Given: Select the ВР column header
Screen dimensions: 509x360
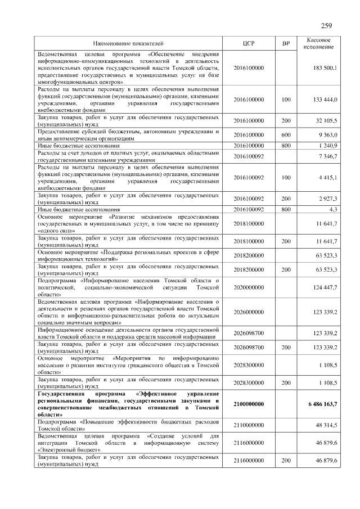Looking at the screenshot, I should tap(286, 43).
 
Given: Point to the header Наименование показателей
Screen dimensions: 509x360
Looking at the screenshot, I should tap(128, 43).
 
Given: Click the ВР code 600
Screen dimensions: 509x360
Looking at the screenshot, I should tap(286, 135).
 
